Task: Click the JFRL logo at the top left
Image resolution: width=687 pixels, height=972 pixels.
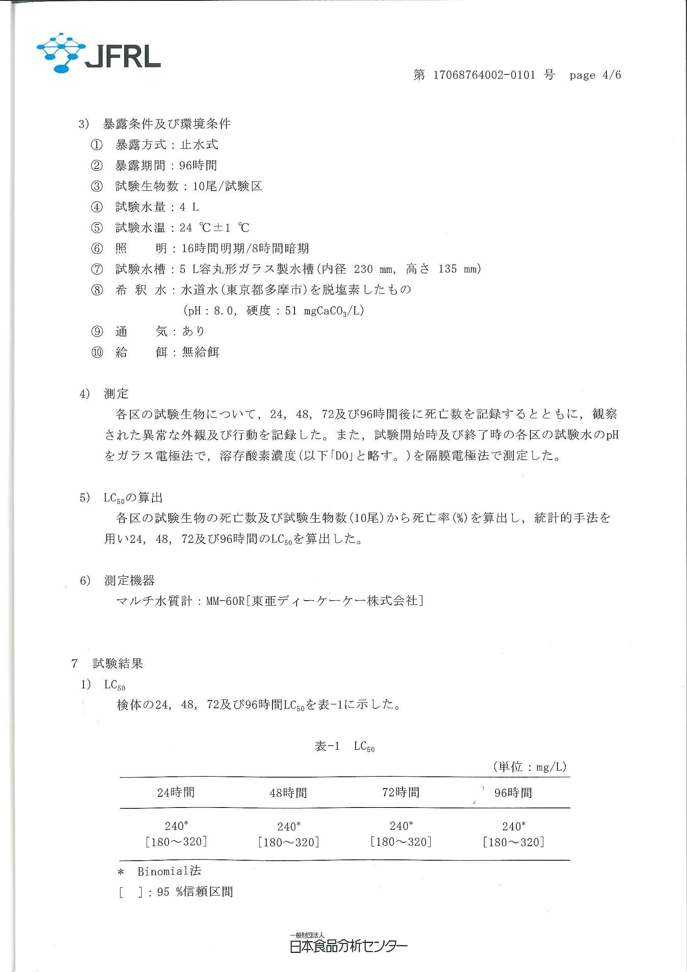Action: point(98,53)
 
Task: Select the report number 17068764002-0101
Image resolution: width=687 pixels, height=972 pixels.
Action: point(484,75)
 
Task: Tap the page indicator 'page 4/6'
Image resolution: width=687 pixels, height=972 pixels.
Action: point(595,75)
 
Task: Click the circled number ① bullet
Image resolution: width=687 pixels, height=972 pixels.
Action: point(97,145)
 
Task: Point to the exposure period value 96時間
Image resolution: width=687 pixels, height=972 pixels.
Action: point(198,165)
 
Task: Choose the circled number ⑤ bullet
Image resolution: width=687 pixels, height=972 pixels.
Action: point(97,228)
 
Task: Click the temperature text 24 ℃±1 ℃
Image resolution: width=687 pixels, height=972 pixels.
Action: point(214,228)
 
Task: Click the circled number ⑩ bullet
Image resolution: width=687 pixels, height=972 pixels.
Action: point(97,352)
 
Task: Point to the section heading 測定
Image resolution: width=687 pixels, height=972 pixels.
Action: point(116,394)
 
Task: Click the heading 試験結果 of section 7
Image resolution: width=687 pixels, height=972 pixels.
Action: point(118,663)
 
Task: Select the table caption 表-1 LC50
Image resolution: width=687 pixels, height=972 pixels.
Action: point(345,746)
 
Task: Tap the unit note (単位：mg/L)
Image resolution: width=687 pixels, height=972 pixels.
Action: point(529,767)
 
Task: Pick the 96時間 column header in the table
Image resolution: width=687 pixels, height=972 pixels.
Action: point(513,793)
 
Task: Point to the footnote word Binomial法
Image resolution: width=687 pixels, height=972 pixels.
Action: point(169,871)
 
